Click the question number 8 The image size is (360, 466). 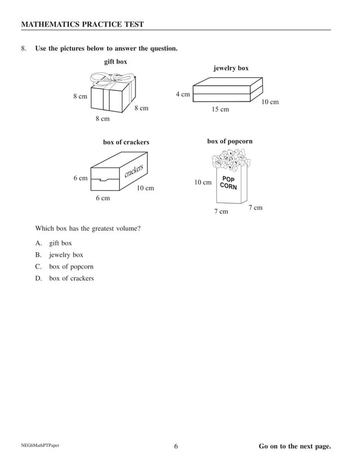(24, 49)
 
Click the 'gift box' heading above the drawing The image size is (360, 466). (116, 61)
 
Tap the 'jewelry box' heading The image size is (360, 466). (231, 68)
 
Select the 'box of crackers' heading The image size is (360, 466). (126, 142)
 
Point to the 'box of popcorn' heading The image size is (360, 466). (230, 141)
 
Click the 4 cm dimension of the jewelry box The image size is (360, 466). (182, 94)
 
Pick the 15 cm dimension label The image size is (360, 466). (220, 109)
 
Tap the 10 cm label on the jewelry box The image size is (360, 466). (270, 102)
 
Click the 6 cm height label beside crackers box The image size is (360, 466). (81, 178)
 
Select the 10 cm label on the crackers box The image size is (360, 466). (146, 188)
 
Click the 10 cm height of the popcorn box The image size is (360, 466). (203, 182)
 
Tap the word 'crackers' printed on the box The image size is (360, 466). (134, 170)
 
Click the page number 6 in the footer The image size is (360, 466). (176, 447)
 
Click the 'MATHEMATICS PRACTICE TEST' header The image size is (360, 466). (82, 24)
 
